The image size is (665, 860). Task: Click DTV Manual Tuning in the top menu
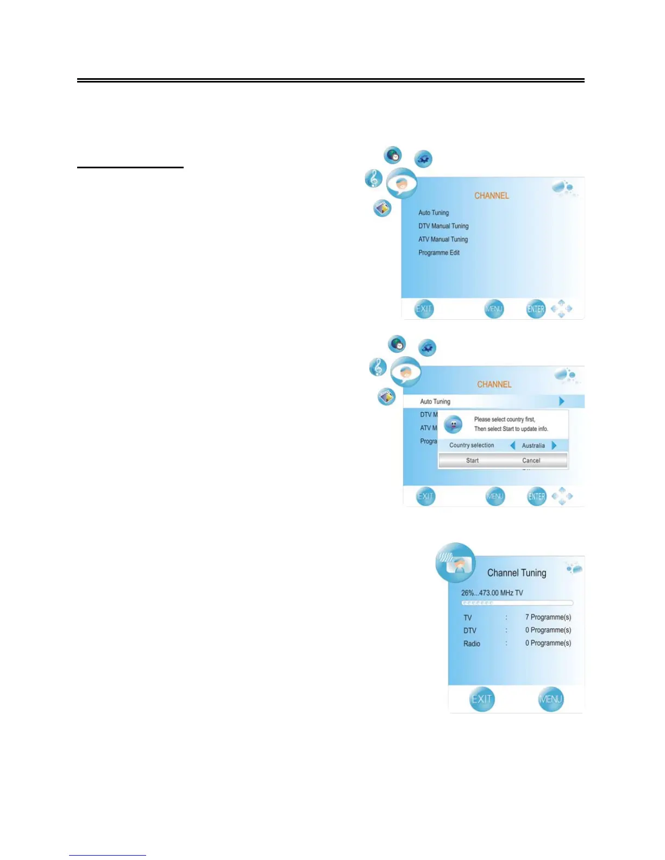tap(443, 226)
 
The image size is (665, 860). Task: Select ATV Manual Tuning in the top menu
tap(443, 239)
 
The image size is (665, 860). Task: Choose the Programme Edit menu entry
tap(439, 252)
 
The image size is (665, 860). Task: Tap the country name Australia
tap(533, 446)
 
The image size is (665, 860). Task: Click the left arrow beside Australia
tap(513, 445)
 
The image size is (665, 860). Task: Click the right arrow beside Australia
tap(554, 445)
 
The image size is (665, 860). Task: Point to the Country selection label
tap(472, 445)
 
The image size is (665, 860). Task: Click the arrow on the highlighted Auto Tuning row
tap(562, 401)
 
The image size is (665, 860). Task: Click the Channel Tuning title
tap(517, 573)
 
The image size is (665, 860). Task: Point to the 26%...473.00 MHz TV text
tap(492, 593)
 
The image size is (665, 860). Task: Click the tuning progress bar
tap(517, 603)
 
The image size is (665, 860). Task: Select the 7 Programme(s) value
tap(548, 617)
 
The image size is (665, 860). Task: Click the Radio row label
tap(472, 643)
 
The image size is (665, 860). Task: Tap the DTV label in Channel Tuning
tap(469, 630)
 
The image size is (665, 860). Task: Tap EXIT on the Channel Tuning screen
tap(482, 699)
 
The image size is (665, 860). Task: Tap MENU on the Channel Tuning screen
tap(550, 699)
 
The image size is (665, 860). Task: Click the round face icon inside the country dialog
tap(453, 425)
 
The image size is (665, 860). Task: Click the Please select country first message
tap(505, 419)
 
